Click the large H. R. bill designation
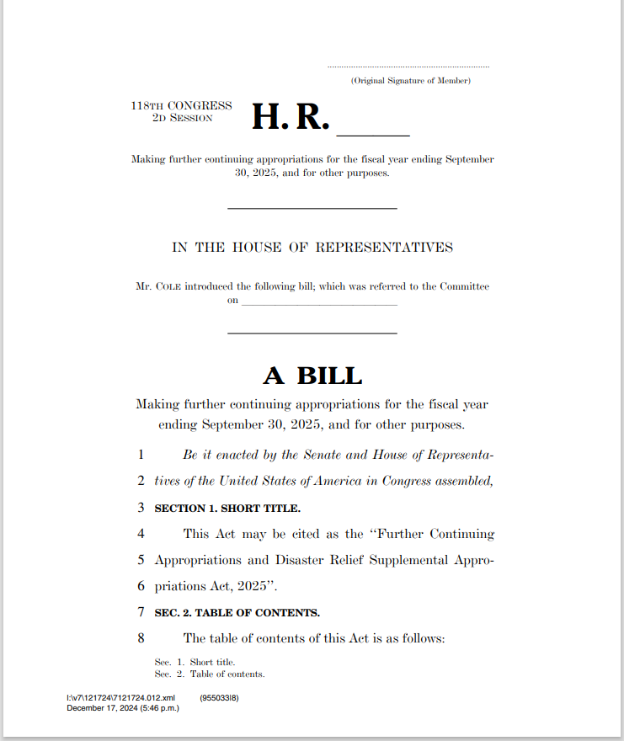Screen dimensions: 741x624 coord(290,118)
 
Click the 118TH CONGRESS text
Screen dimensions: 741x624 coord(181,106)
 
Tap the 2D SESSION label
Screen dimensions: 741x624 coord(181,118)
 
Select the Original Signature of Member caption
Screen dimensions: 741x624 coord(411,81)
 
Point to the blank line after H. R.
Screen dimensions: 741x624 coord(373,133)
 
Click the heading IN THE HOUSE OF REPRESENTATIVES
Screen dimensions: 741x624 coord(312,248)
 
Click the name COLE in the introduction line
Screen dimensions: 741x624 coord(169,286)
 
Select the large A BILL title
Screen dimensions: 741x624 coord(312,376)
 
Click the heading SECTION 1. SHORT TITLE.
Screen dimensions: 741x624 coord(227,509)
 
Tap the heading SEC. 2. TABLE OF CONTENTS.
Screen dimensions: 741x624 coord(237,612)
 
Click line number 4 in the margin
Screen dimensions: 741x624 coord(141,534)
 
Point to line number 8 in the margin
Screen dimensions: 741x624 coord(141,638)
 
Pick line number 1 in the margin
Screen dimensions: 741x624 coord(141,455)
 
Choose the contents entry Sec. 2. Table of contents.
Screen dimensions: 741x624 coord(210,674)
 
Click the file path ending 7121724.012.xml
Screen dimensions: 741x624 coord(120,698)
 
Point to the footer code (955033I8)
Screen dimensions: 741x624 coord(219,698)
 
